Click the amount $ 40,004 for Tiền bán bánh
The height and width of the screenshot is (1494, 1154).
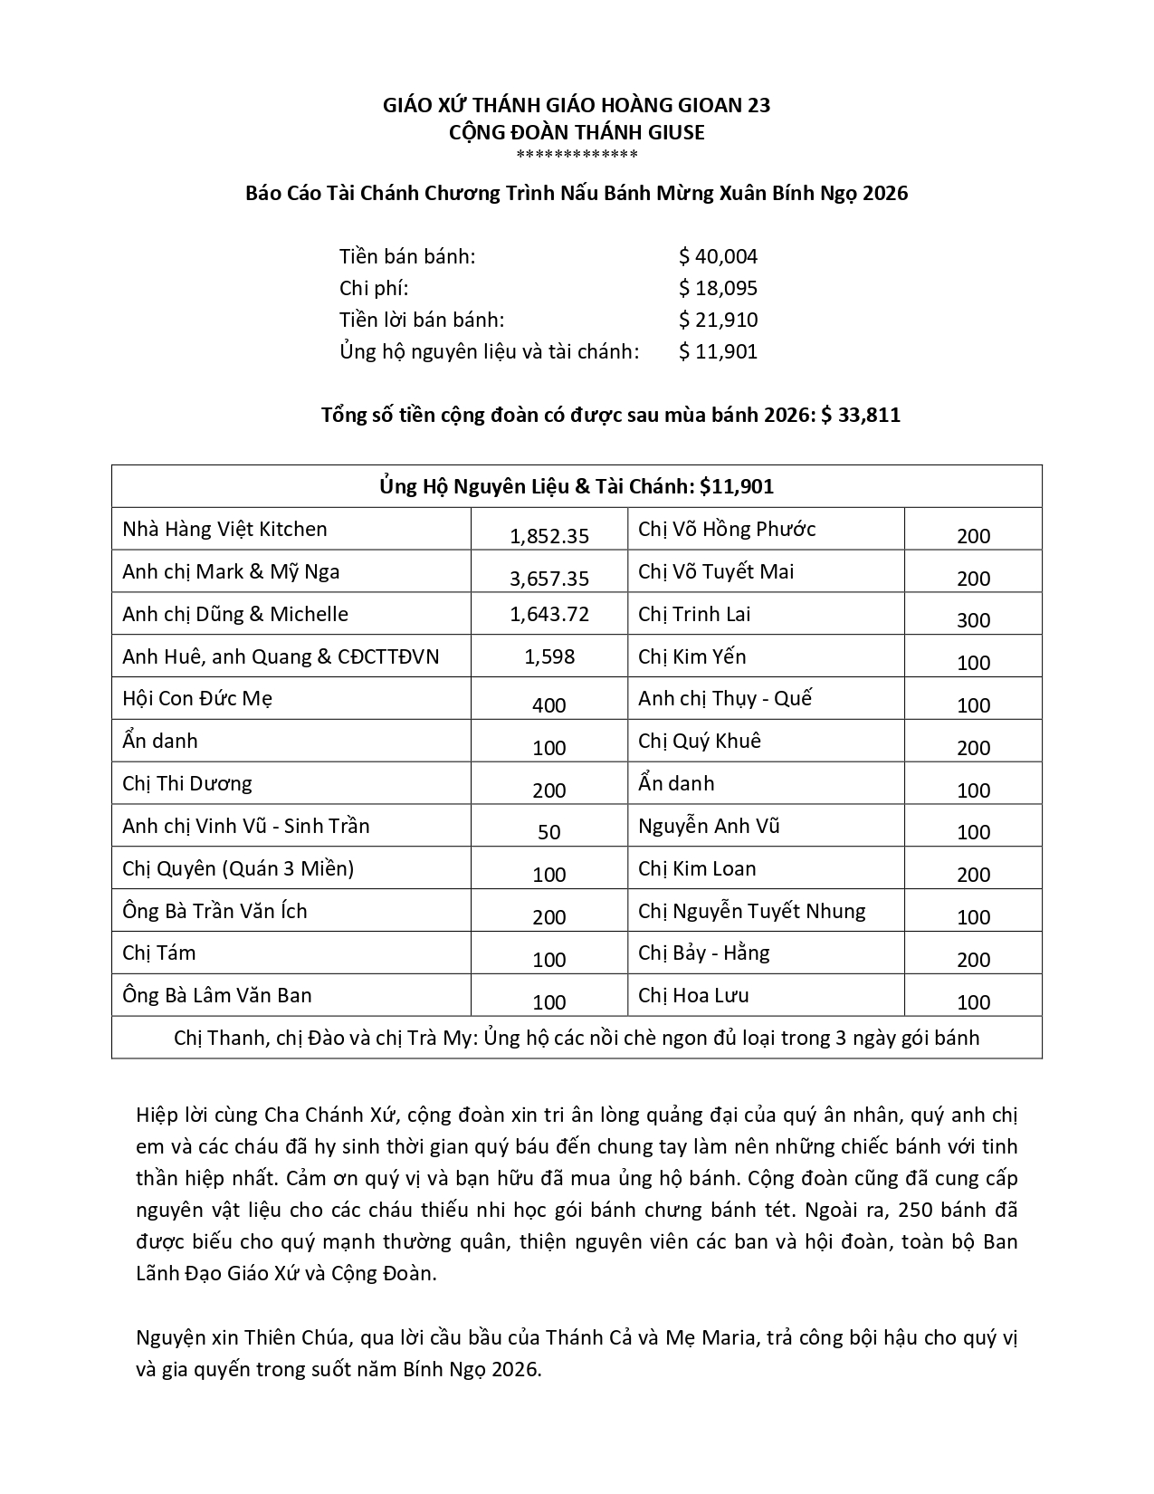tap(718, 256)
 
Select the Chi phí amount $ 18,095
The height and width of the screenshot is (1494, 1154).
tap(718, 288)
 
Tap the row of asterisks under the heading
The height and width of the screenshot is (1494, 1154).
tap(577, 155)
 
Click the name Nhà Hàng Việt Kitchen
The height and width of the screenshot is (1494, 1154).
tap(224, 529)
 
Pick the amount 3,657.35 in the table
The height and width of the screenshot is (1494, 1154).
tap(549, 578)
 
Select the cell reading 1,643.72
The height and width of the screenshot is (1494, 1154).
tap(549, 614)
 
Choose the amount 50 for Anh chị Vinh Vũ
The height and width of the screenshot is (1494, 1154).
tap(549, 832)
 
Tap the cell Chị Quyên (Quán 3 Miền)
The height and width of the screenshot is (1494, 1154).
tap(238, 868)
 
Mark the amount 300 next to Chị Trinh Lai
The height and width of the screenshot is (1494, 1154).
tap(973, 620)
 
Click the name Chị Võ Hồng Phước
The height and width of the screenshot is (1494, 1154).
tap(727, 529)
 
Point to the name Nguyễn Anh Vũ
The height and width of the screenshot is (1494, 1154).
tap(709, 826)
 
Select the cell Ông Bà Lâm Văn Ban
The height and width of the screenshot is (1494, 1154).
tap(217, 995)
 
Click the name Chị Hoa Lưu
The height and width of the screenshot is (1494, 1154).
tap(693, 995)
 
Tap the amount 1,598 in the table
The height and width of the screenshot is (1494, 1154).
tap(549, 656)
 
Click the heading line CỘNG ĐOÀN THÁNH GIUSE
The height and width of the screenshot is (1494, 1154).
tap(577, 132)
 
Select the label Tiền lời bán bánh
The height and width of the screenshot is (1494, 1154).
tap(422, 320)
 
